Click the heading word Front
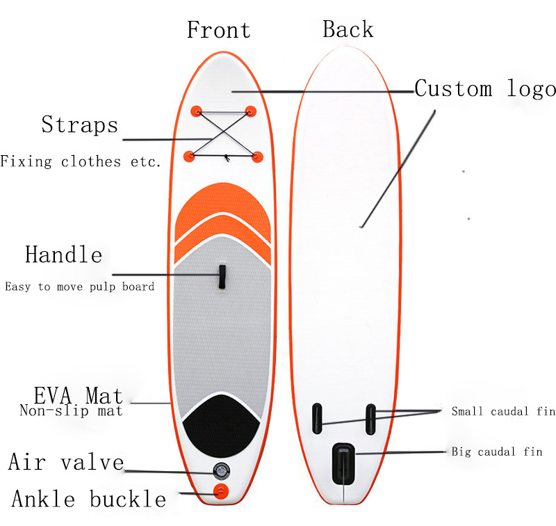(x=218, y=30)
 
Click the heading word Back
(x=347, y=29)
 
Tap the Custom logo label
(x=485, y=89)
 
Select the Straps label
(x=79, y=125)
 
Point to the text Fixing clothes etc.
(x=81, y=161)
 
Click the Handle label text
(x=63, y=255)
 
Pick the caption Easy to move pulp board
(x=79, y=287)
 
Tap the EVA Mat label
(x=78, y=397)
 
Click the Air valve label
(x=66, y=462)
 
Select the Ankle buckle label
(x=89, y=499)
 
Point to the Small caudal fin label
(x=503, y=411)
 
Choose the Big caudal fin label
(x=497, y=452)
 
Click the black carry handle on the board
(x=222, y=276)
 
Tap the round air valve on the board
(x=222, y=471)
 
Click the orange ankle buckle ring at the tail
(x=222, y=491)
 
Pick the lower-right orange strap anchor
(x=257, y=155)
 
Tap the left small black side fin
(x=316, y=416)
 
